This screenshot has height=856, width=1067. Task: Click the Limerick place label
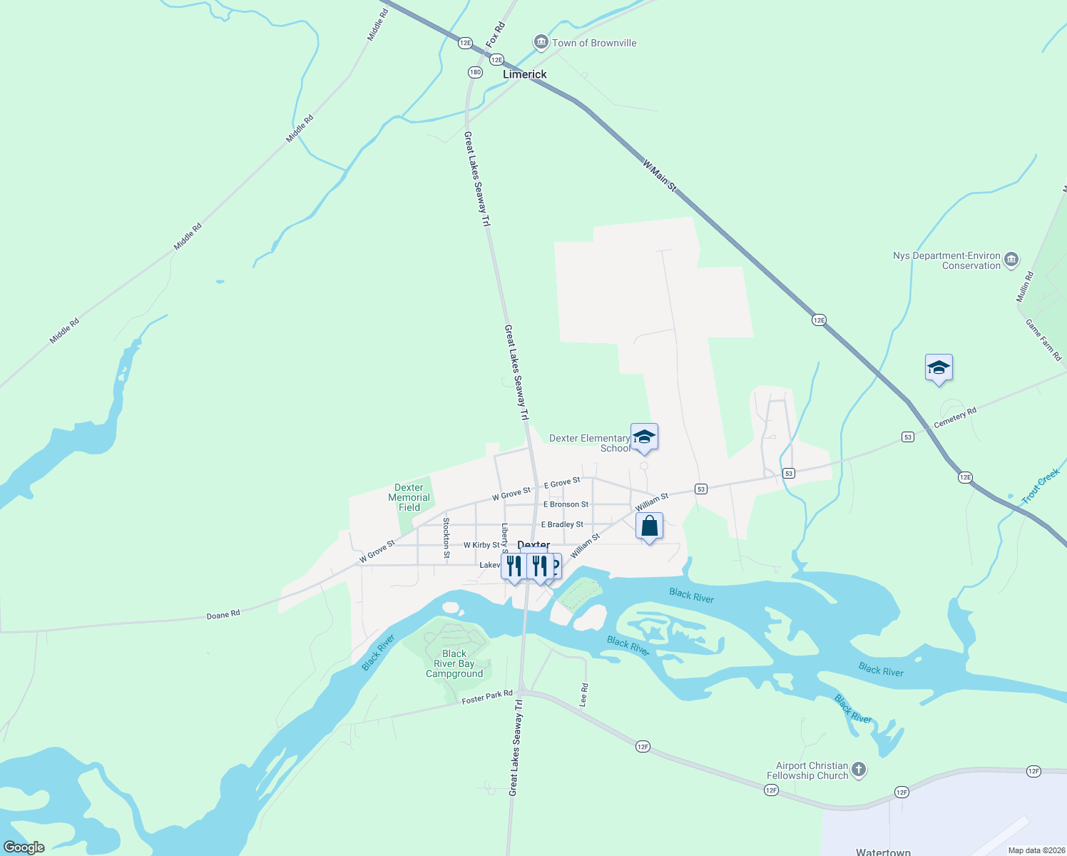524,74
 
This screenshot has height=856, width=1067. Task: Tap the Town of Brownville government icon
541,43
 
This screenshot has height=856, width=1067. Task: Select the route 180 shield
475,72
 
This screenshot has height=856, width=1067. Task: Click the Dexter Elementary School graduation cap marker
644,437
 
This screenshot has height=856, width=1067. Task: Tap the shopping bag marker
649,526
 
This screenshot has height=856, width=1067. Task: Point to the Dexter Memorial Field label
409,498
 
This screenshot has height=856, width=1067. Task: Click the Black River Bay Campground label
454,664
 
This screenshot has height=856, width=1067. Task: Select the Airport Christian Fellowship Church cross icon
859,770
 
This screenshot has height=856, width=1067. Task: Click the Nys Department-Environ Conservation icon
1011,260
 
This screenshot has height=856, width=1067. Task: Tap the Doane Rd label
223,614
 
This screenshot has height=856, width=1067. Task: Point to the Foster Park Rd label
487,697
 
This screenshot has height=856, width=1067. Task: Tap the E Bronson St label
566,504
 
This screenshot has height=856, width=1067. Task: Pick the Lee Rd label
583,695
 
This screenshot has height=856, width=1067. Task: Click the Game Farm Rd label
1043,340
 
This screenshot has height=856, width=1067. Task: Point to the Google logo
24,847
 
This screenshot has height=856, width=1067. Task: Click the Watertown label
883,852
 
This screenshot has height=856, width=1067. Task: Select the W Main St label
659,175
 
